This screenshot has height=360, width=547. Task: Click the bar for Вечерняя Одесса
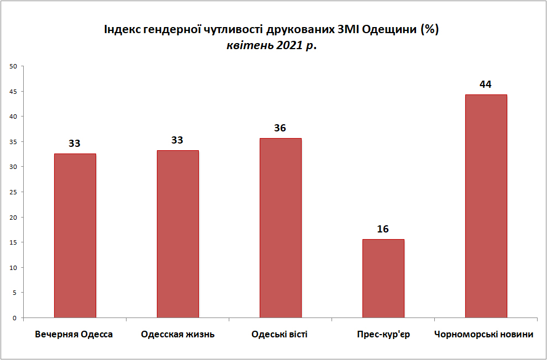(75, 236)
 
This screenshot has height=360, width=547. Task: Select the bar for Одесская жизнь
(177, 234)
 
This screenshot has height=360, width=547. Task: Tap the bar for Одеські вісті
(280, 228)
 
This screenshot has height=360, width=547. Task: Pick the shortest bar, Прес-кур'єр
(383, 278)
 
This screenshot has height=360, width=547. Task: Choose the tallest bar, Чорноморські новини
(486, 206)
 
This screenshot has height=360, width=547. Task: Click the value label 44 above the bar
(486, 84)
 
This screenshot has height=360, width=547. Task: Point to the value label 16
(383, 229)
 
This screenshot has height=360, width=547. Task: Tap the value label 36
(280, 128)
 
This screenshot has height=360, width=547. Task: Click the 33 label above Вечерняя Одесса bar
(75, 144)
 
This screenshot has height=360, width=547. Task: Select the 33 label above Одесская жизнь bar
(177, 140)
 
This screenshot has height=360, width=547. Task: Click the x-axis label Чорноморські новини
(484, 335)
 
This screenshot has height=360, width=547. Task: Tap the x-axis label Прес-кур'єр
(383, 335)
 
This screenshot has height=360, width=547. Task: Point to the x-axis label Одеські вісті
(280, 335)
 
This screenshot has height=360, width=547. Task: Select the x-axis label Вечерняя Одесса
(74, 335)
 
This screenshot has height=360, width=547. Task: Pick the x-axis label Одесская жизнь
(177, 335)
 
